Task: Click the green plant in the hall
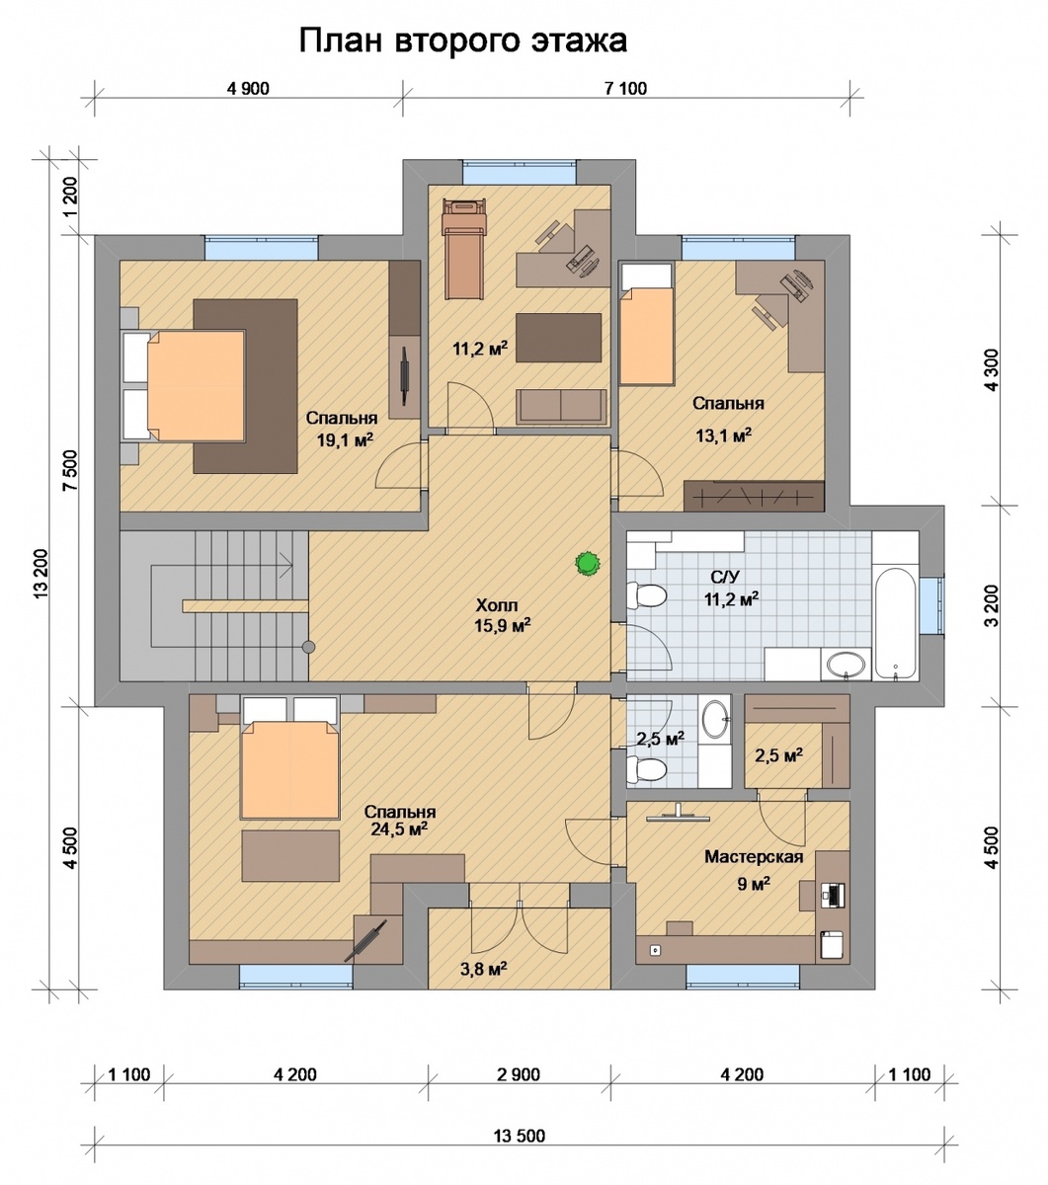click(587, 564)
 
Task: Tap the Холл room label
click(497, 604)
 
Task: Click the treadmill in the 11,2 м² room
click(464, 249)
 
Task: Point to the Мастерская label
click(753, 857)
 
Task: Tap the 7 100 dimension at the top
click(625, 89)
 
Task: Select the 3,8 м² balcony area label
click(483, 969)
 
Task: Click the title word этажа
click(579, 40)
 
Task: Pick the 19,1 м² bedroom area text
click(346, 439)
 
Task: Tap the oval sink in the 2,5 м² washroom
click(716, 717)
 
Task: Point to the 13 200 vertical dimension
click(40, 573)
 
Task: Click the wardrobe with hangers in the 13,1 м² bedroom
click(754, 497)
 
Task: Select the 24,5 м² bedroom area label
click(399, 829)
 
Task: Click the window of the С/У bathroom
click(931, 605)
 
